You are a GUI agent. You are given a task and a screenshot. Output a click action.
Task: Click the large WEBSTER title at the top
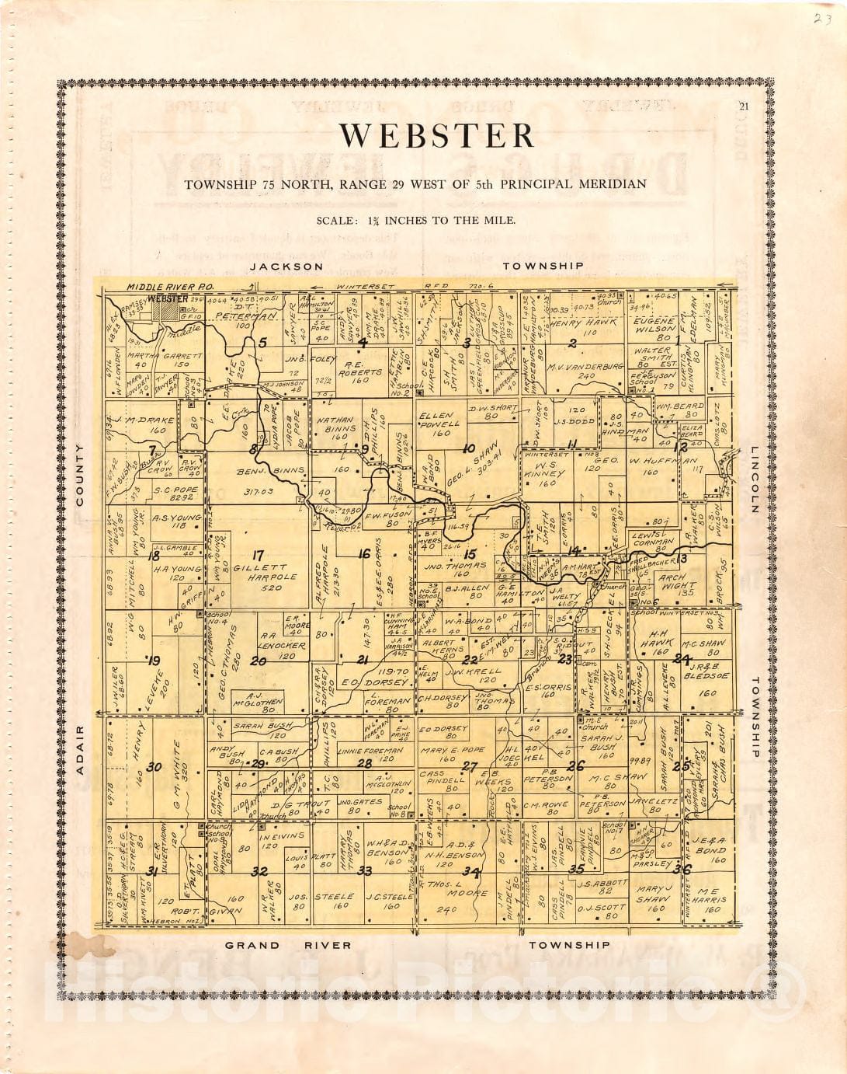point(437,136)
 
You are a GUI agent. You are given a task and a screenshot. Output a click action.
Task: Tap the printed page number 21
point(745,107)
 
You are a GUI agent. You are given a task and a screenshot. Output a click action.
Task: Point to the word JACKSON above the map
point(286,267)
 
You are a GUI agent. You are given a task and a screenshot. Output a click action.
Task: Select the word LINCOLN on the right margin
point(755,479)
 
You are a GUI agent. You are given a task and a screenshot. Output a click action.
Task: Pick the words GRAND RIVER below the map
point(287,946)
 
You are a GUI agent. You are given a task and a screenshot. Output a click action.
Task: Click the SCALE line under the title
point(415,221)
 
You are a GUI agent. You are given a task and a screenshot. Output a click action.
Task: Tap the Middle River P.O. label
point(161,287)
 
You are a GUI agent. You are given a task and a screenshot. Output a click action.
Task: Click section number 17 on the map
point(258,555)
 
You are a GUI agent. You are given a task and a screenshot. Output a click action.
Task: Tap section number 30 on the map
point(154,767)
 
